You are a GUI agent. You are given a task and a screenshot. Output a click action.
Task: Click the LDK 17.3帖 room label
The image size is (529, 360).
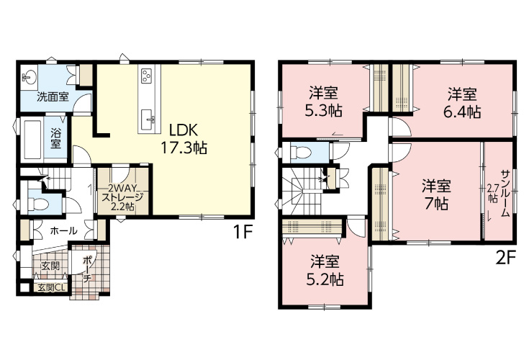coord(184,138)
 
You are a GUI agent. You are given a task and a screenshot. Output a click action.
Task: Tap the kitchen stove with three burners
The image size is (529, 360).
coord(147,76)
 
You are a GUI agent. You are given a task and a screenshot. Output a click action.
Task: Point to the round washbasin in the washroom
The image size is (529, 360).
coord(29,77)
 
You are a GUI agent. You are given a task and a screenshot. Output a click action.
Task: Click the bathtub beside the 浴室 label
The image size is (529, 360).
coord(32,138)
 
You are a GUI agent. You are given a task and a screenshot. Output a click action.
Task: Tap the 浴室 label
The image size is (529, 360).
coord(55,138)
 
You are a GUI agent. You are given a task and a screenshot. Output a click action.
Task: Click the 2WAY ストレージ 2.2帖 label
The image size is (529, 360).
coord(122,197)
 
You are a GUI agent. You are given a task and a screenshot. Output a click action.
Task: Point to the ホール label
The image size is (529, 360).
coord(63,231)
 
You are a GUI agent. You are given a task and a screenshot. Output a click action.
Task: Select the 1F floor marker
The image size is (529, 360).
coord(243,232)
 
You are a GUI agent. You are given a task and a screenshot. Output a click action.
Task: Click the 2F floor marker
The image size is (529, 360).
coord(507,258)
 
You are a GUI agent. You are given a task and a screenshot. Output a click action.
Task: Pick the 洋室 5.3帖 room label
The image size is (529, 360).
coord(324,102)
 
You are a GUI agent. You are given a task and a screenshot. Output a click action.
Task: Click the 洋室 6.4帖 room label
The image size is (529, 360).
coord(462,103)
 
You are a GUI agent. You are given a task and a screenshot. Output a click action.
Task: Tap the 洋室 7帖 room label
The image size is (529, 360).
coord(436,195)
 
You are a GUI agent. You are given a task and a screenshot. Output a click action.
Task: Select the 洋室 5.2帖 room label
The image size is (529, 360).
coord(325,270)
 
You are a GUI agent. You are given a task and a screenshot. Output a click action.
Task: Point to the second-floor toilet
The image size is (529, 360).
coord(300,152)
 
